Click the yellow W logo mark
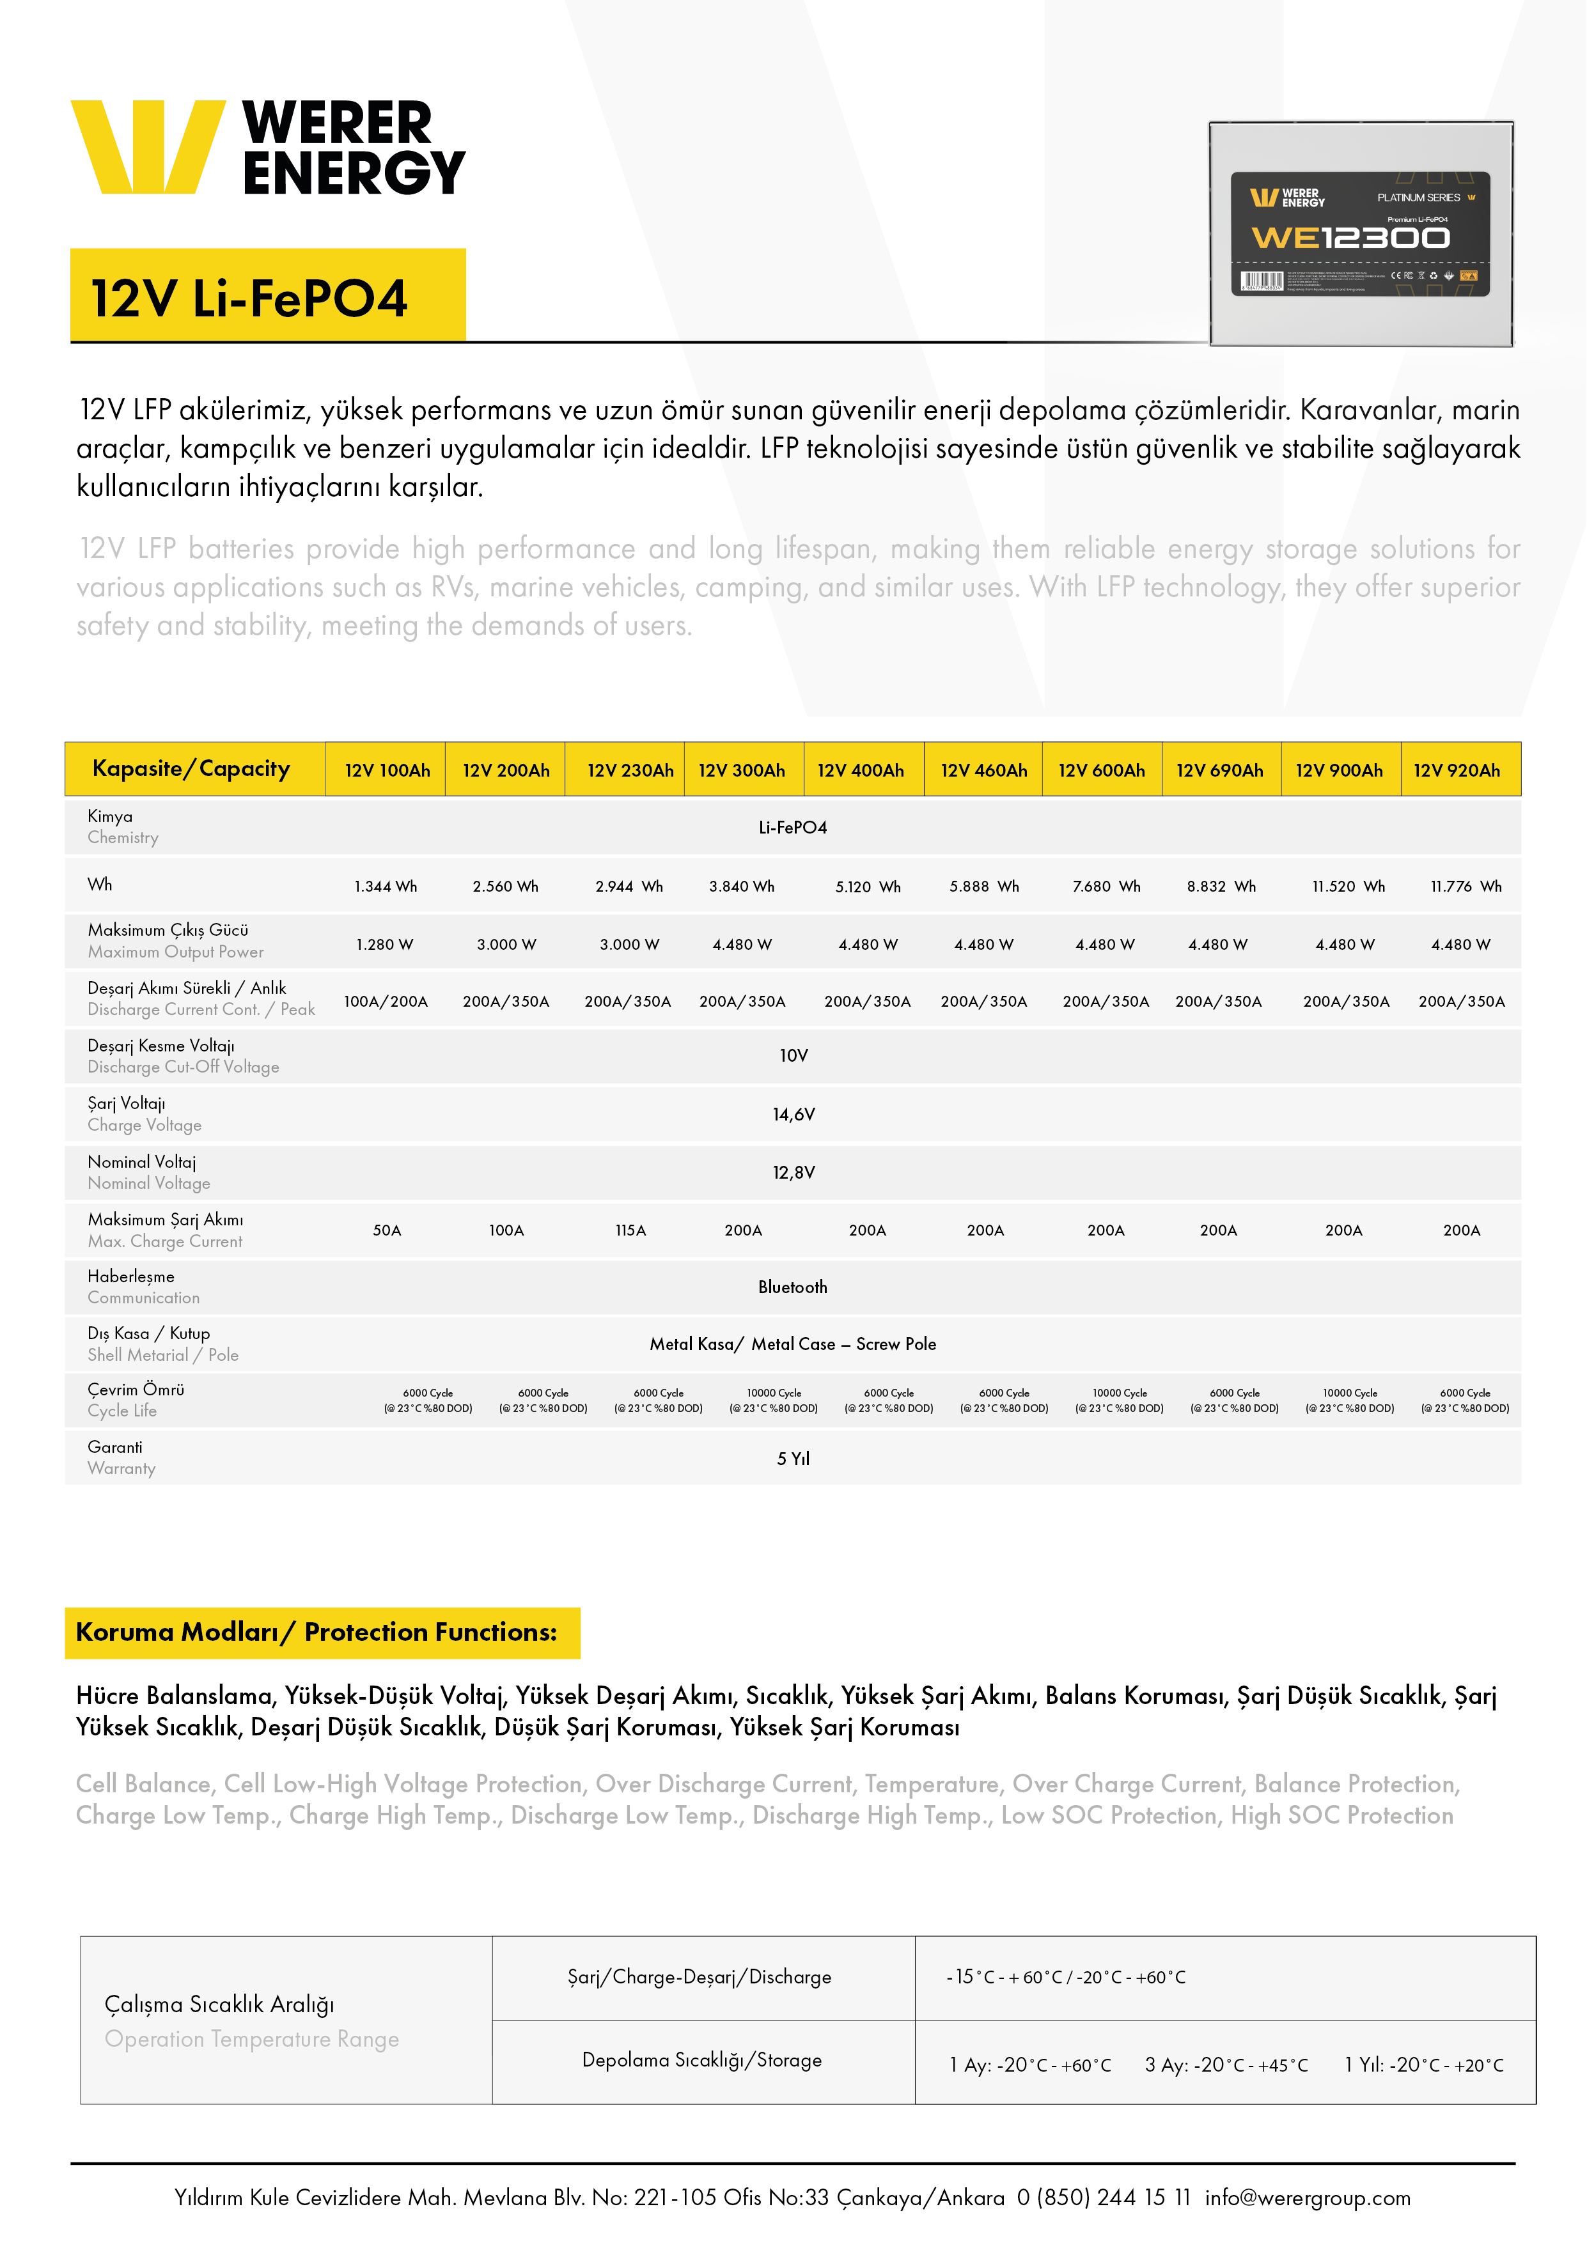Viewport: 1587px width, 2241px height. click(x=146, y=146)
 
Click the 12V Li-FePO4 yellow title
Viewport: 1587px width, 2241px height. click(x=249, y=298)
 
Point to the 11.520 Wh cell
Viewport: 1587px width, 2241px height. click(x=1348, y=886)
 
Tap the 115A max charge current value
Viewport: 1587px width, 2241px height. click(x=630, y=1230)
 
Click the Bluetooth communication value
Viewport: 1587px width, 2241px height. click(x=792, y=1287)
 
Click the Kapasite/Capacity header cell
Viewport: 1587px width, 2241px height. click(x=192, y=769)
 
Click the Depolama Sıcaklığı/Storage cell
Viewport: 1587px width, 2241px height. click(x=701, y=2060)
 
